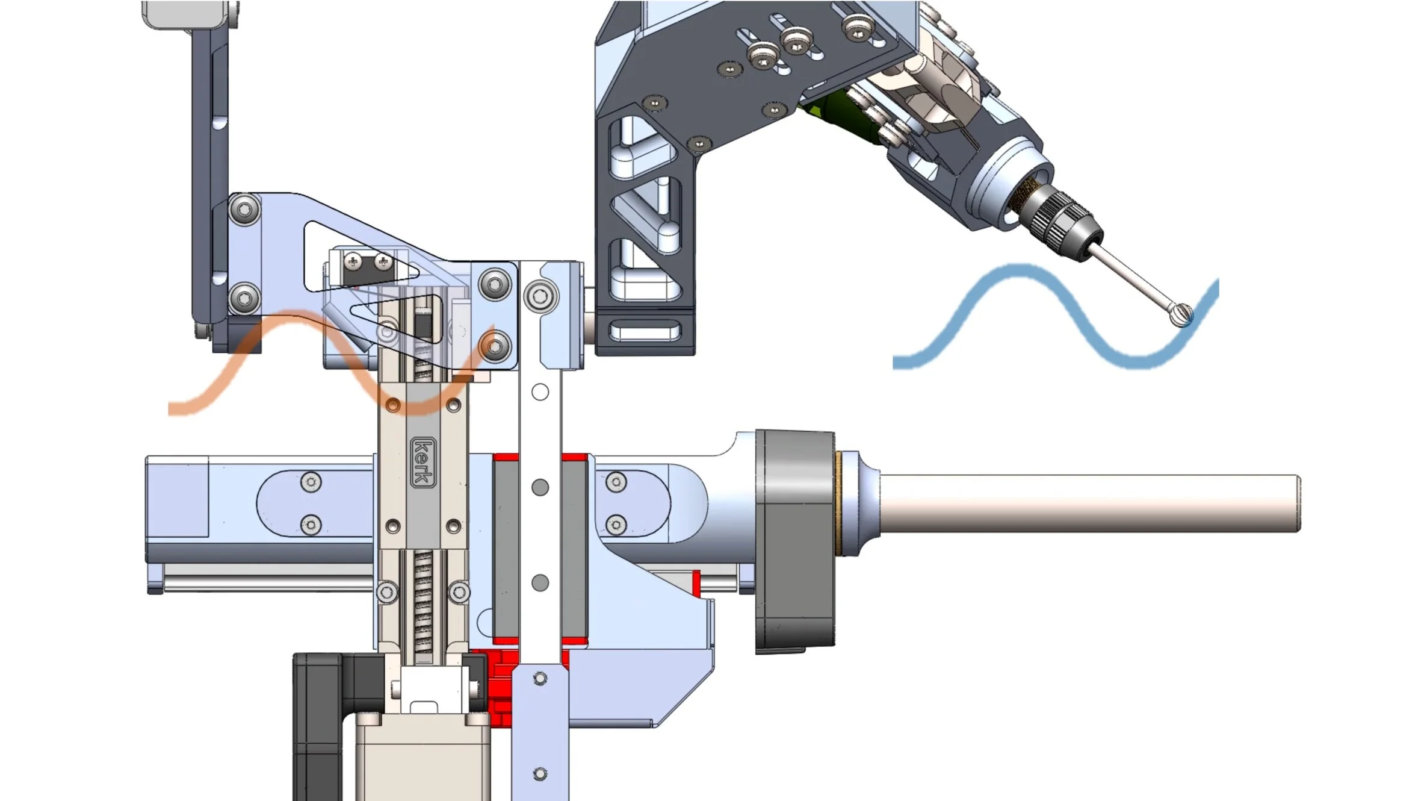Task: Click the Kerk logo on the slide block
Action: coord(423,462)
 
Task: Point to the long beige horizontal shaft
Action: coord(1089,503)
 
